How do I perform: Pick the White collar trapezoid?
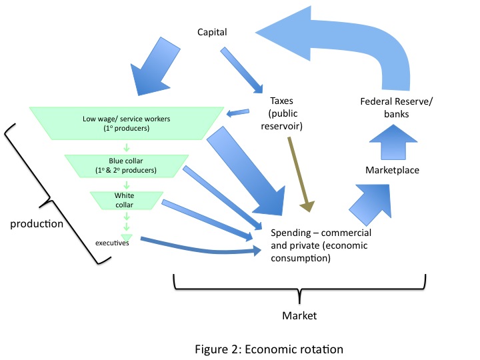[x=125, y=199]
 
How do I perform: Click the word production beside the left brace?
[x=37, y=223]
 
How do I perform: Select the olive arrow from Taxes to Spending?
[x=300, y=173]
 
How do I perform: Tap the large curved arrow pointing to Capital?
[x=373, y=40]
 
